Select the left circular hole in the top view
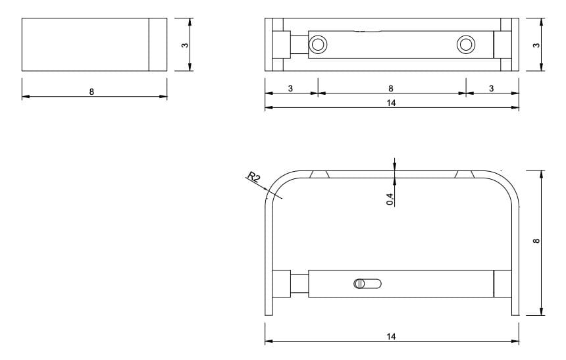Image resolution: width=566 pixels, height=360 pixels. [318, 44]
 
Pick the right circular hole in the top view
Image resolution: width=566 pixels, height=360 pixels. [465, 44]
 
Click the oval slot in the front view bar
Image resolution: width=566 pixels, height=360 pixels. [367, 284]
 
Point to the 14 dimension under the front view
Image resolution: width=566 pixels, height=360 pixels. [392, 336]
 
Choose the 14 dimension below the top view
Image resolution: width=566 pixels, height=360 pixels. [392, 103]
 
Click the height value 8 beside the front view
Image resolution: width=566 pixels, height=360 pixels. [536, 242]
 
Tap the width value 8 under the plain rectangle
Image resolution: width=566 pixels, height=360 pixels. [91, 91]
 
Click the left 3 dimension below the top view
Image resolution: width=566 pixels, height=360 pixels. [290, 88]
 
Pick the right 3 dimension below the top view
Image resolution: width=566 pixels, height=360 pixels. [492, 88]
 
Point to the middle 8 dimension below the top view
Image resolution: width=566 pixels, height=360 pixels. [391, 88]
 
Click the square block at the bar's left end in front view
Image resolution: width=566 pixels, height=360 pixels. [282, 284]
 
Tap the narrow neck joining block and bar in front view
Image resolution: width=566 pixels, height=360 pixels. [299, 284]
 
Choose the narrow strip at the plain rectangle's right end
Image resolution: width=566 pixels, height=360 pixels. [157, 44]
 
